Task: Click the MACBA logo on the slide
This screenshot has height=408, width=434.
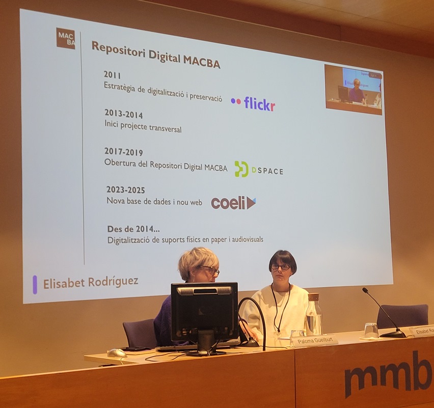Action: coord(65,38)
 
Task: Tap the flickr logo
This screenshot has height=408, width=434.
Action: coord(253,103)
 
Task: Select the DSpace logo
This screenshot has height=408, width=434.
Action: coord(258,170)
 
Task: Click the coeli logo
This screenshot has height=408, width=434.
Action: coord(233,203)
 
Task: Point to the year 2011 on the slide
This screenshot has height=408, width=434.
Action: coord(112,75)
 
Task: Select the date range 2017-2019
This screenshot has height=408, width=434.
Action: coord(124,151)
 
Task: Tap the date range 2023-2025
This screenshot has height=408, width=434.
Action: coord(126,189)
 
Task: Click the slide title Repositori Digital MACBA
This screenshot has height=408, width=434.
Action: coord(156,54)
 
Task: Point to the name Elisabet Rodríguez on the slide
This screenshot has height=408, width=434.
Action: coord(90,282)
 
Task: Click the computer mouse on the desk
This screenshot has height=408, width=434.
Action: coord(116,352)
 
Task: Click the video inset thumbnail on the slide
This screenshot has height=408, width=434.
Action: coord(353,89)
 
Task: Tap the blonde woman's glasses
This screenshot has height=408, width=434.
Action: coord(209,269)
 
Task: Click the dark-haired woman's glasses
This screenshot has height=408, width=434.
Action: coord(281,266)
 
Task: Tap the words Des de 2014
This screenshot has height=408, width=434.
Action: coord(133,229)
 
